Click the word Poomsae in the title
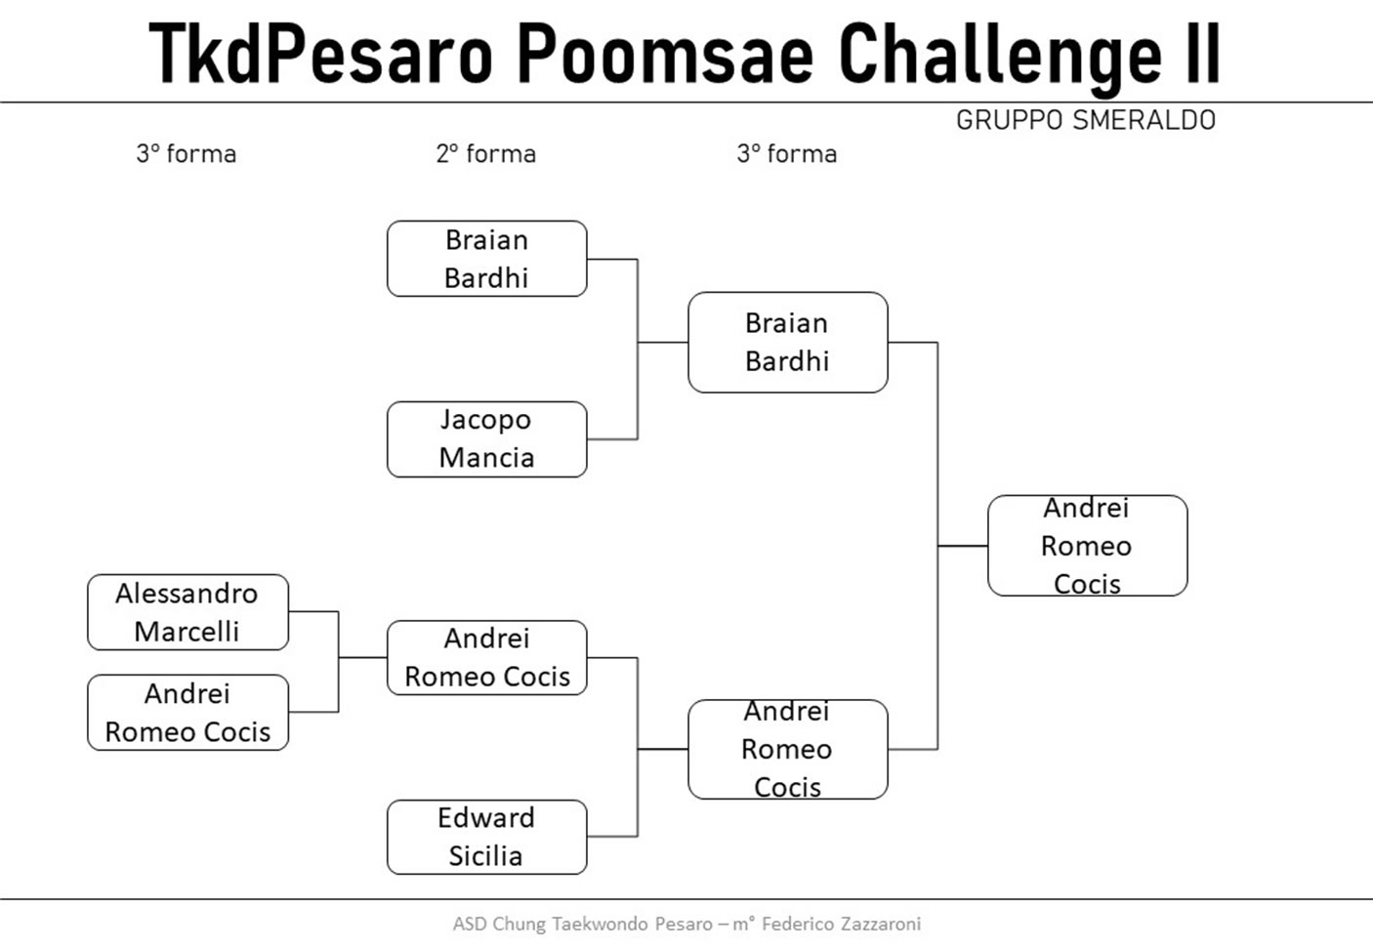[665, 54]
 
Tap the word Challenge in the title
[1000, 58]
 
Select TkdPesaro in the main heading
[320, 54]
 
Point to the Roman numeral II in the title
[1203, 53]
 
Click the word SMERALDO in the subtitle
[1144, 120]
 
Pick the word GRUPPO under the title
[1010, 120]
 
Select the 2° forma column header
[486, 154]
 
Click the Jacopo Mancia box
[487, 439]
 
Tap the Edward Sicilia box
[487, 837]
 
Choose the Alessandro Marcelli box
[188, 612]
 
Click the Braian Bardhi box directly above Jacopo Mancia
[487, 259]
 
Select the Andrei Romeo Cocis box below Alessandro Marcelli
[188, 713]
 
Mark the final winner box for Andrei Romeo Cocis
[1088, 546]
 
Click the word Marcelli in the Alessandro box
[187, 632]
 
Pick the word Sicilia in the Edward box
[485, 856]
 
